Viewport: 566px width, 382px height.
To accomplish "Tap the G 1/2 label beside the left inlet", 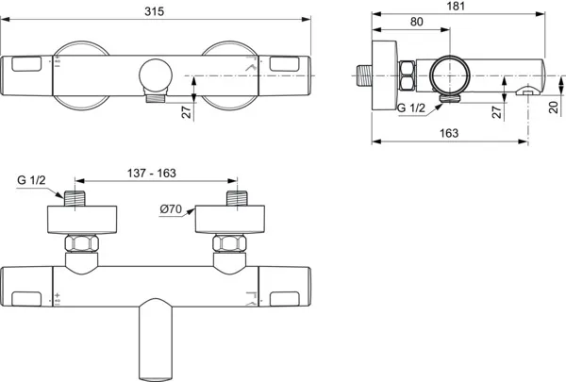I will click(x=33, y=179).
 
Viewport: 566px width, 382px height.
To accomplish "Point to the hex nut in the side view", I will click(x=409, y=75).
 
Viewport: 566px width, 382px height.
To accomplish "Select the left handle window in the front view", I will click(x=28, y=64).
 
